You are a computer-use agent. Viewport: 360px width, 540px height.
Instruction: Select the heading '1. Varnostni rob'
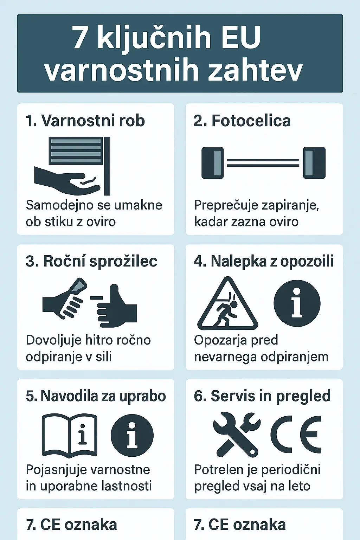85,121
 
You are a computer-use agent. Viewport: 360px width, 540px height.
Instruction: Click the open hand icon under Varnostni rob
67,179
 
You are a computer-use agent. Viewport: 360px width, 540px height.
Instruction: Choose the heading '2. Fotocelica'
242,121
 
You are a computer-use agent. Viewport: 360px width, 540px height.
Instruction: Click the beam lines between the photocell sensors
263,163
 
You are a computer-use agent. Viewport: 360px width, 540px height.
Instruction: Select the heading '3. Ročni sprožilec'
91,261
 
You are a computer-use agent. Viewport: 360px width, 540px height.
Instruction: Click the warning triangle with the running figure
228,306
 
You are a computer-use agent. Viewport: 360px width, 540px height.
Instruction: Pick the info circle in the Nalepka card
297,303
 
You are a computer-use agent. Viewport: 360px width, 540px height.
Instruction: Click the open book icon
69,435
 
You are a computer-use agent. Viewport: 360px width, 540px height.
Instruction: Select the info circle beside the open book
132,435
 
